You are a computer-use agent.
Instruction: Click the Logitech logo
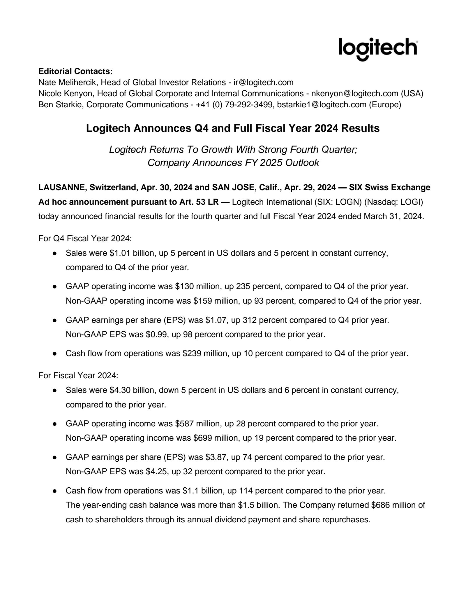[378, 49]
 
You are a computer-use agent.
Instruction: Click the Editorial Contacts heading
[75, 71]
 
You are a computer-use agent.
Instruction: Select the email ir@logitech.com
[263, 82]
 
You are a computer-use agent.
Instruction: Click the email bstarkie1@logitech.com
[322, 104]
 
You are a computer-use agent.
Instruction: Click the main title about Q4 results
[233, 128]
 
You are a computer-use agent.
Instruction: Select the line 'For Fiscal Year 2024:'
[78, 375]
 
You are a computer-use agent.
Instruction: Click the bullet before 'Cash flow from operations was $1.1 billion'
[54, 491]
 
